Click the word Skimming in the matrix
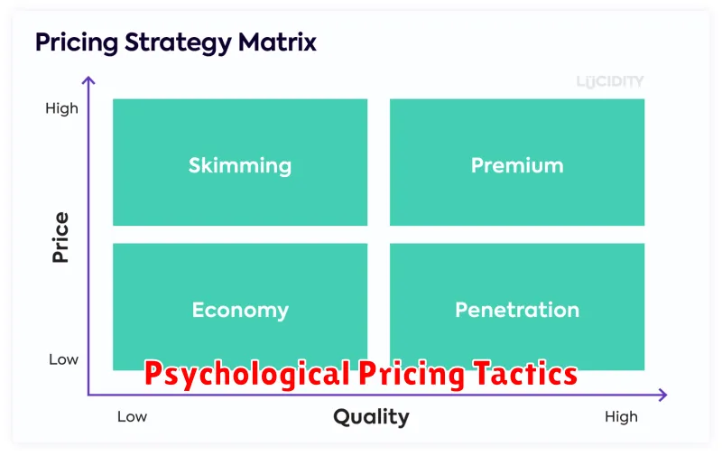point(240,166)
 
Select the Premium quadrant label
point(517,165)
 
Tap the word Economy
point(240,311)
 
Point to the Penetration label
point(517,310)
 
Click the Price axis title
point(60,237)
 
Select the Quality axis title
point(371,417)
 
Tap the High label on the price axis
point(61,108)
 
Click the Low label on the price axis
point(63,359)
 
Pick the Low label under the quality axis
point(132,417)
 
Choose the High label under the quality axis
point(621,417)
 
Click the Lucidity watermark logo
point(610,82)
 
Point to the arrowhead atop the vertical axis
point(88,80)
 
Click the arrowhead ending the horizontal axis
point(663,395)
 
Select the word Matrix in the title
point(277,42)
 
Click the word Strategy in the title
point(178,43)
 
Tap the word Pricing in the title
point(77,43)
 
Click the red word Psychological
point(247,375)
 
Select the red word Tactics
point(525,373)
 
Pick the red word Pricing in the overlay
point(412,375)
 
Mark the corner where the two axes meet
point(88,395)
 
